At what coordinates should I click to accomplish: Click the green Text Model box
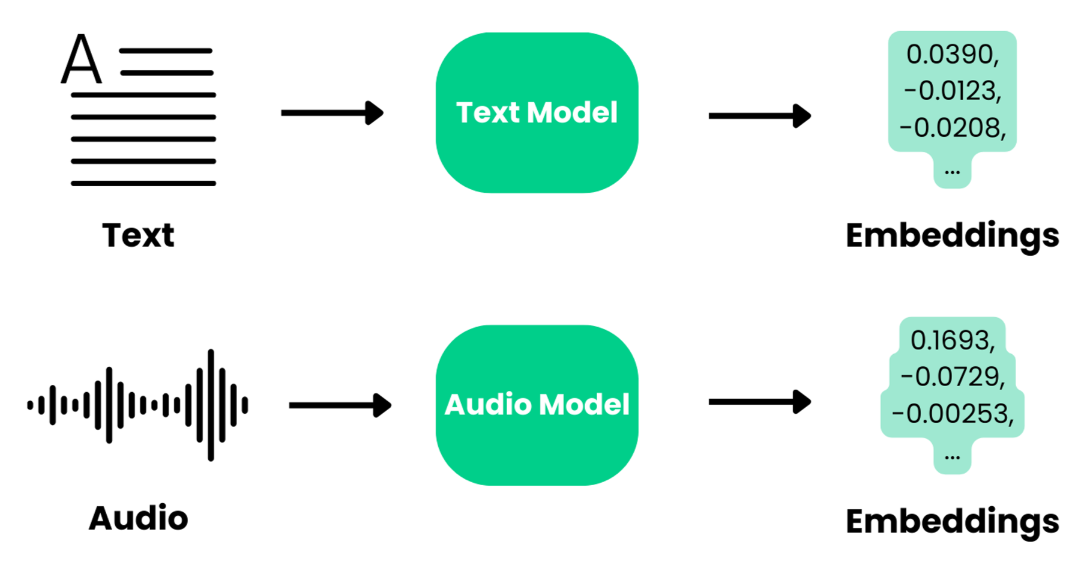[537, 113]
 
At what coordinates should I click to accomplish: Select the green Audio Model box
[537, 405]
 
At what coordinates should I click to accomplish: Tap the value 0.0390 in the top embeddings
[952, 55]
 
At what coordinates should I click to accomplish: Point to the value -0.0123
[952, 91]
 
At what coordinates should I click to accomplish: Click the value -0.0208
[952, 128]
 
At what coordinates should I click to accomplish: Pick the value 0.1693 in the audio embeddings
[952, 340]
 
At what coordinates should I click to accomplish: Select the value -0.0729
[952, 377]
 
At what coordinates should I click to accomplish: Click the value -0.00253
[952, 414]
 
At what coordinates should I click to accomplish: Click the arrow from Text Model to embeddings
[759, 116]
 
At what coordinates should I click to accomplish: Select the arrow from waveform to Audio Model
[340, 405]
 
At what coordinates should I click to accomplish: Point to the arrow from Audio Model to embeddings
[759, 402]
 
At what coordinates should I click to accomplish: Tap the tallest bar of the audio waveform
[211, 405]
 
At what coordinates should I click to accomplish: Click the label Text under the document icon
[138, 235]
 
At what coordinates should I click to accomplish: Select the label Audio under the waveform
[138, 518]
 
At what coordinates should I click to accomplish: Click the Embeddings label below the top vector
[952, 235]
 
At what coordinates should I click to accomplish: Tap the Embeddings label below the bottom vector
[952, 521]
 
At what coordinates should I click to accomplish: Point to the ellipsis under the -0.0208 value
[952, 172]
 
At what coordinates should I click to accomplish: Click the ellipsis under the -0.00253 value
[952, 458]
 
